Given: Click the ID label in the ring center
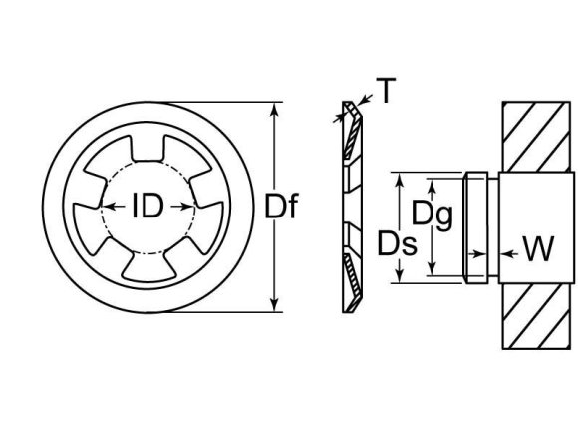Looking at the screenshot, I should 147,207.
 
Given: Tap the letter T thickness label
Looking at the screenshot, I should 384,92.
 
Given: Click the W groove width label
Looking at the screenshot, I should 537,248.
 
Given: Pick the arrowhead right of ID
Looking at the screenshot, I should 186,207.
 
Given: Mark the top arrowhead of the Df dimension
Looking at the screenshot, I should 272,107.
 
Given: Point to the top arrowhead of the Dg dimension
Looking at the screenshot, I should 432,184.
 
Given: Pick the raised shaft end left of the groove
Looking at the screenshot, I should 476,226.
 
